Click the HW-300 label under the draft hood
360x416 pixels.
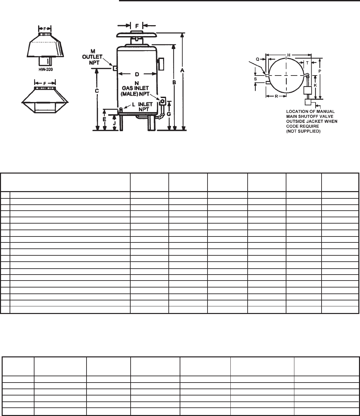46,70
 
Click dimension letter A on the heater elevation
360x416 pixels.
182,70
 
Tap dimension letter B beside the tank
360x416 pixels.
174,82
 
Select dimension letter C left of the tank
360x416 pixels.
97,91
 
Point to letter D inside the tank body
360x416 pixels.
137,75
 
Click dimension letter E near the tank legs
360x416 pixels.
104,120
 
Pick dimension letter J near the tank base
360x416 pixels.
114,123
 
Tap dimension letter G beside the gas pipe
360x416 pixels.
169,114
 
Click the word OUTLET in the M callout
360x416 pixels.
92,57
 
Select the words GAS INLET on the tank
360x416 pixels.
135,88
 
